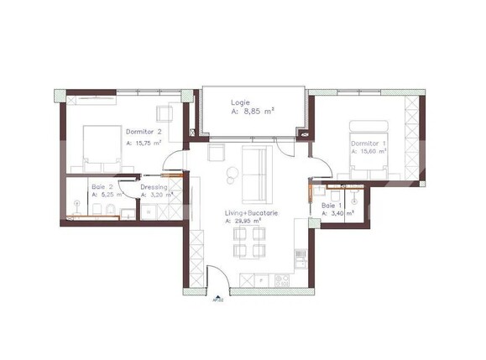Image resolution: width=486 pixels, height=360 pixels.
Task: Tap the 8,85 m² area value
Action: (257, 109)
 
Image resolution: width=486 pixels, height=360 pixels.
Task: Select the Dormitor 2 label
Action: (144, 132)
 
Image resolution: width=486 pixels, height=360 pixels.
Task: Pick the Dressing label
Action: (154, 186)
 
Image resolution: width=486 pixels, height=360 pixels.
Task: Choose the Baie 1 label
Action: (332, 205)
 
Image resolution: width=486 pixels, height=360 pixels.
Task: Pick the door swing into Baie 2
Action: (126, 189)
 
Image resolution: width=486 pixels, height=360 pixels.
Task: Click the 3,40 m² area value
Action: (339, 214)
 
